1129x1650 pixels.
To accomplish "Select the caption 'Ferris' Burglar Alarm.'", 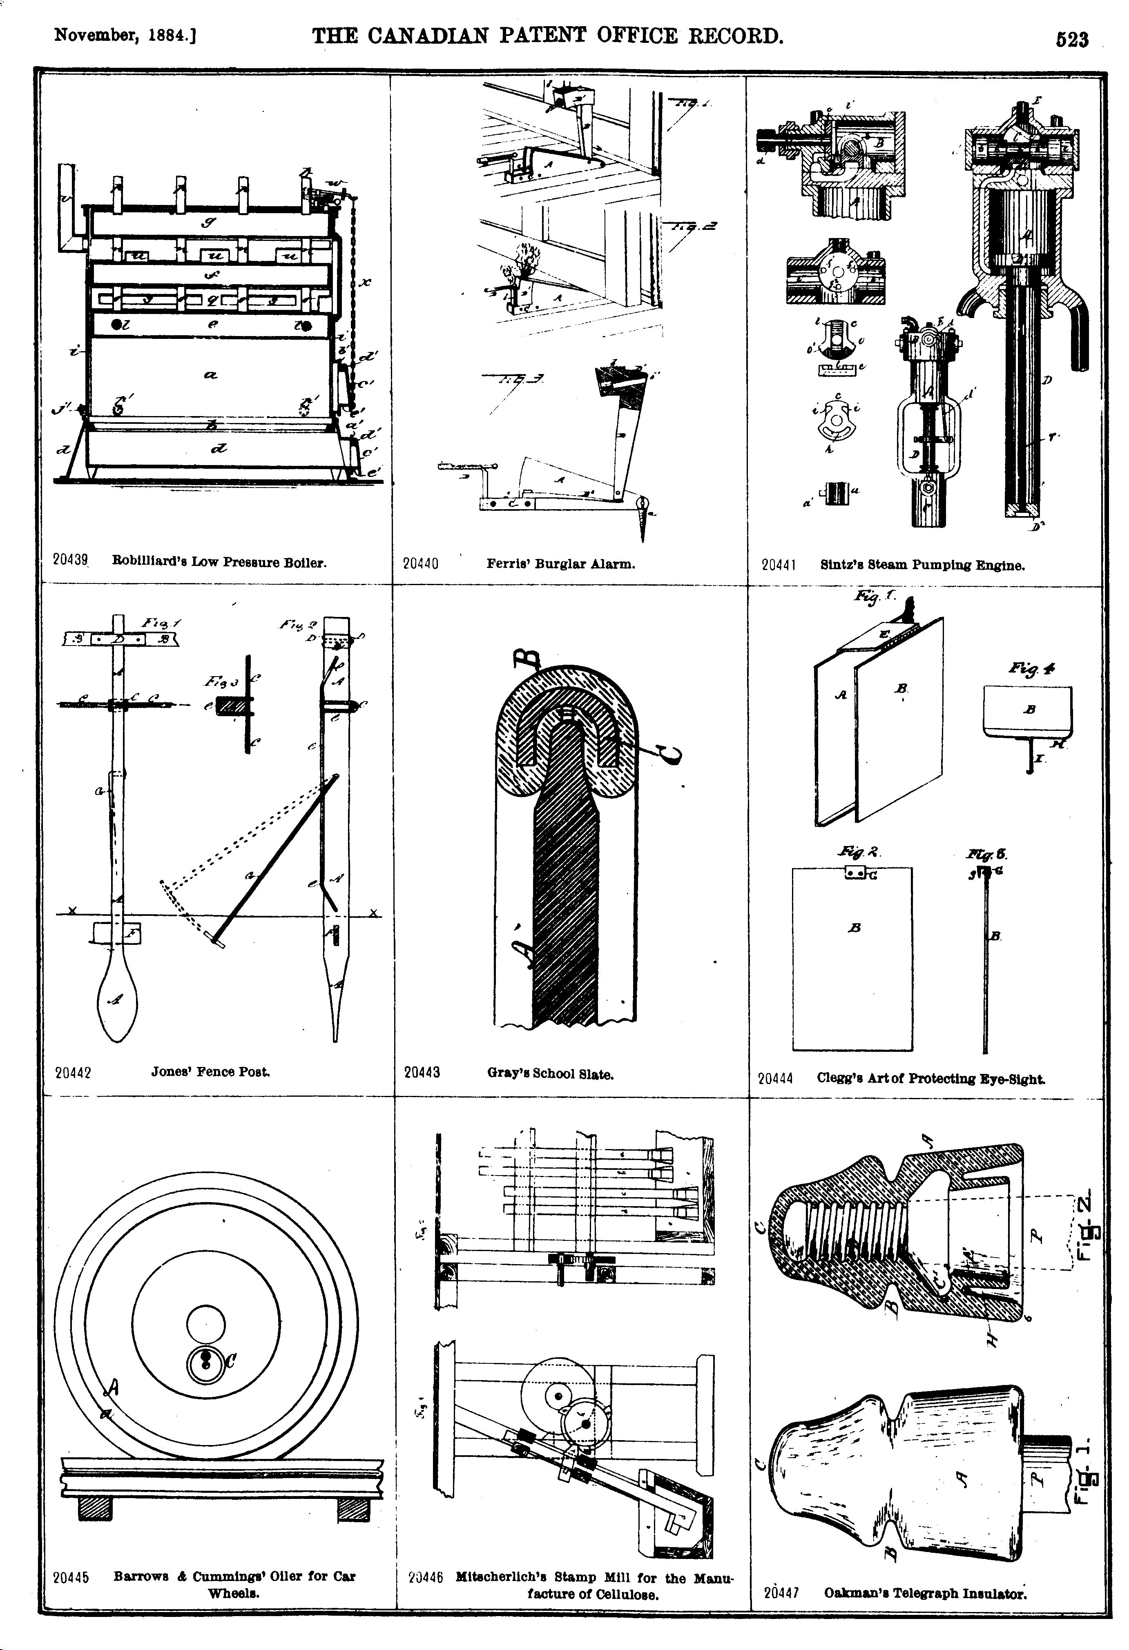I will pos(560,564).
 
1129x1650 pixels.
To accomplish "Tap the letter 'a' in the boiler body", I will pos(210,376).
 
